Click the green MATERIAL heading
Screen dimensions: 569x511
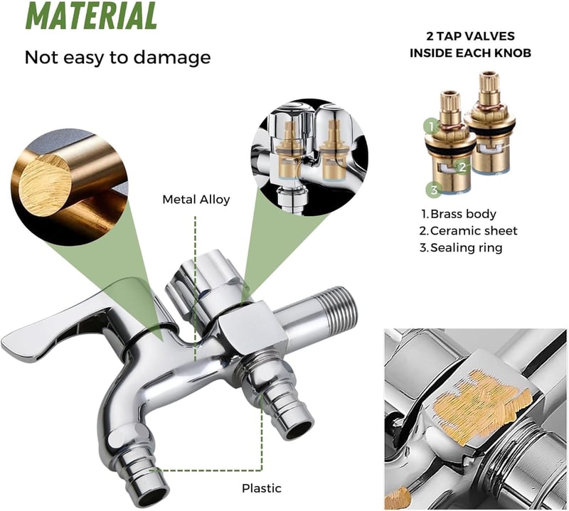tap(92, 16)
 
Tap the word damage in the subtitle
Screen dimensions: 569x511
tap(172, 58)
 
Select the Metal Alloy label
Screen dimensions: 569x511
tap(196, 200)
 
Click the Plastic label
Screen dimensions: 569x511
tap(262, 488)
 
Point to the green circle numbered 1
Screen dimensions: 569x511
tap(432, 127)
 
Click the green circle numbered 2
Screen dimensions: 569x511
tap(462, 167)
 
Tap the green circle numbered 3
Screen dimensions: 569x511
tap(435, 190)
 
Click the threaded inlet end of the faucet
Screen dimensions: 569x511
tap(343, 308)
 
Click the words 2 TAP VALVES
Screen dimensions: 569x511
tap(470, 36)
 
